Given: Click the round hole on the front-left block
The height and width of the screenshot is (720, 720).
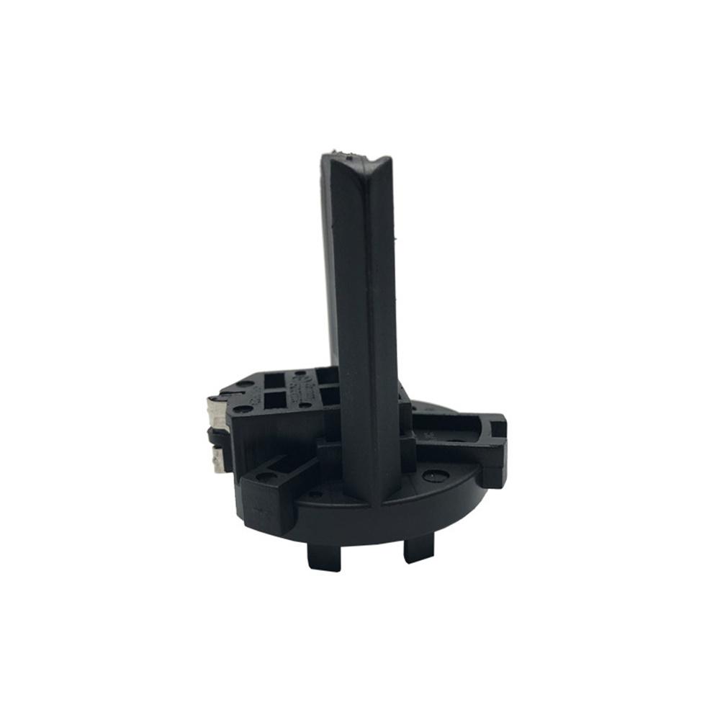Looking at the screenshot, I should point(266,477).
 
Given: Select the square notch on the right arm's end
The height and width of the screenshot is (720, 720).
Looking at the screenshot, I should point(498,430).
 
